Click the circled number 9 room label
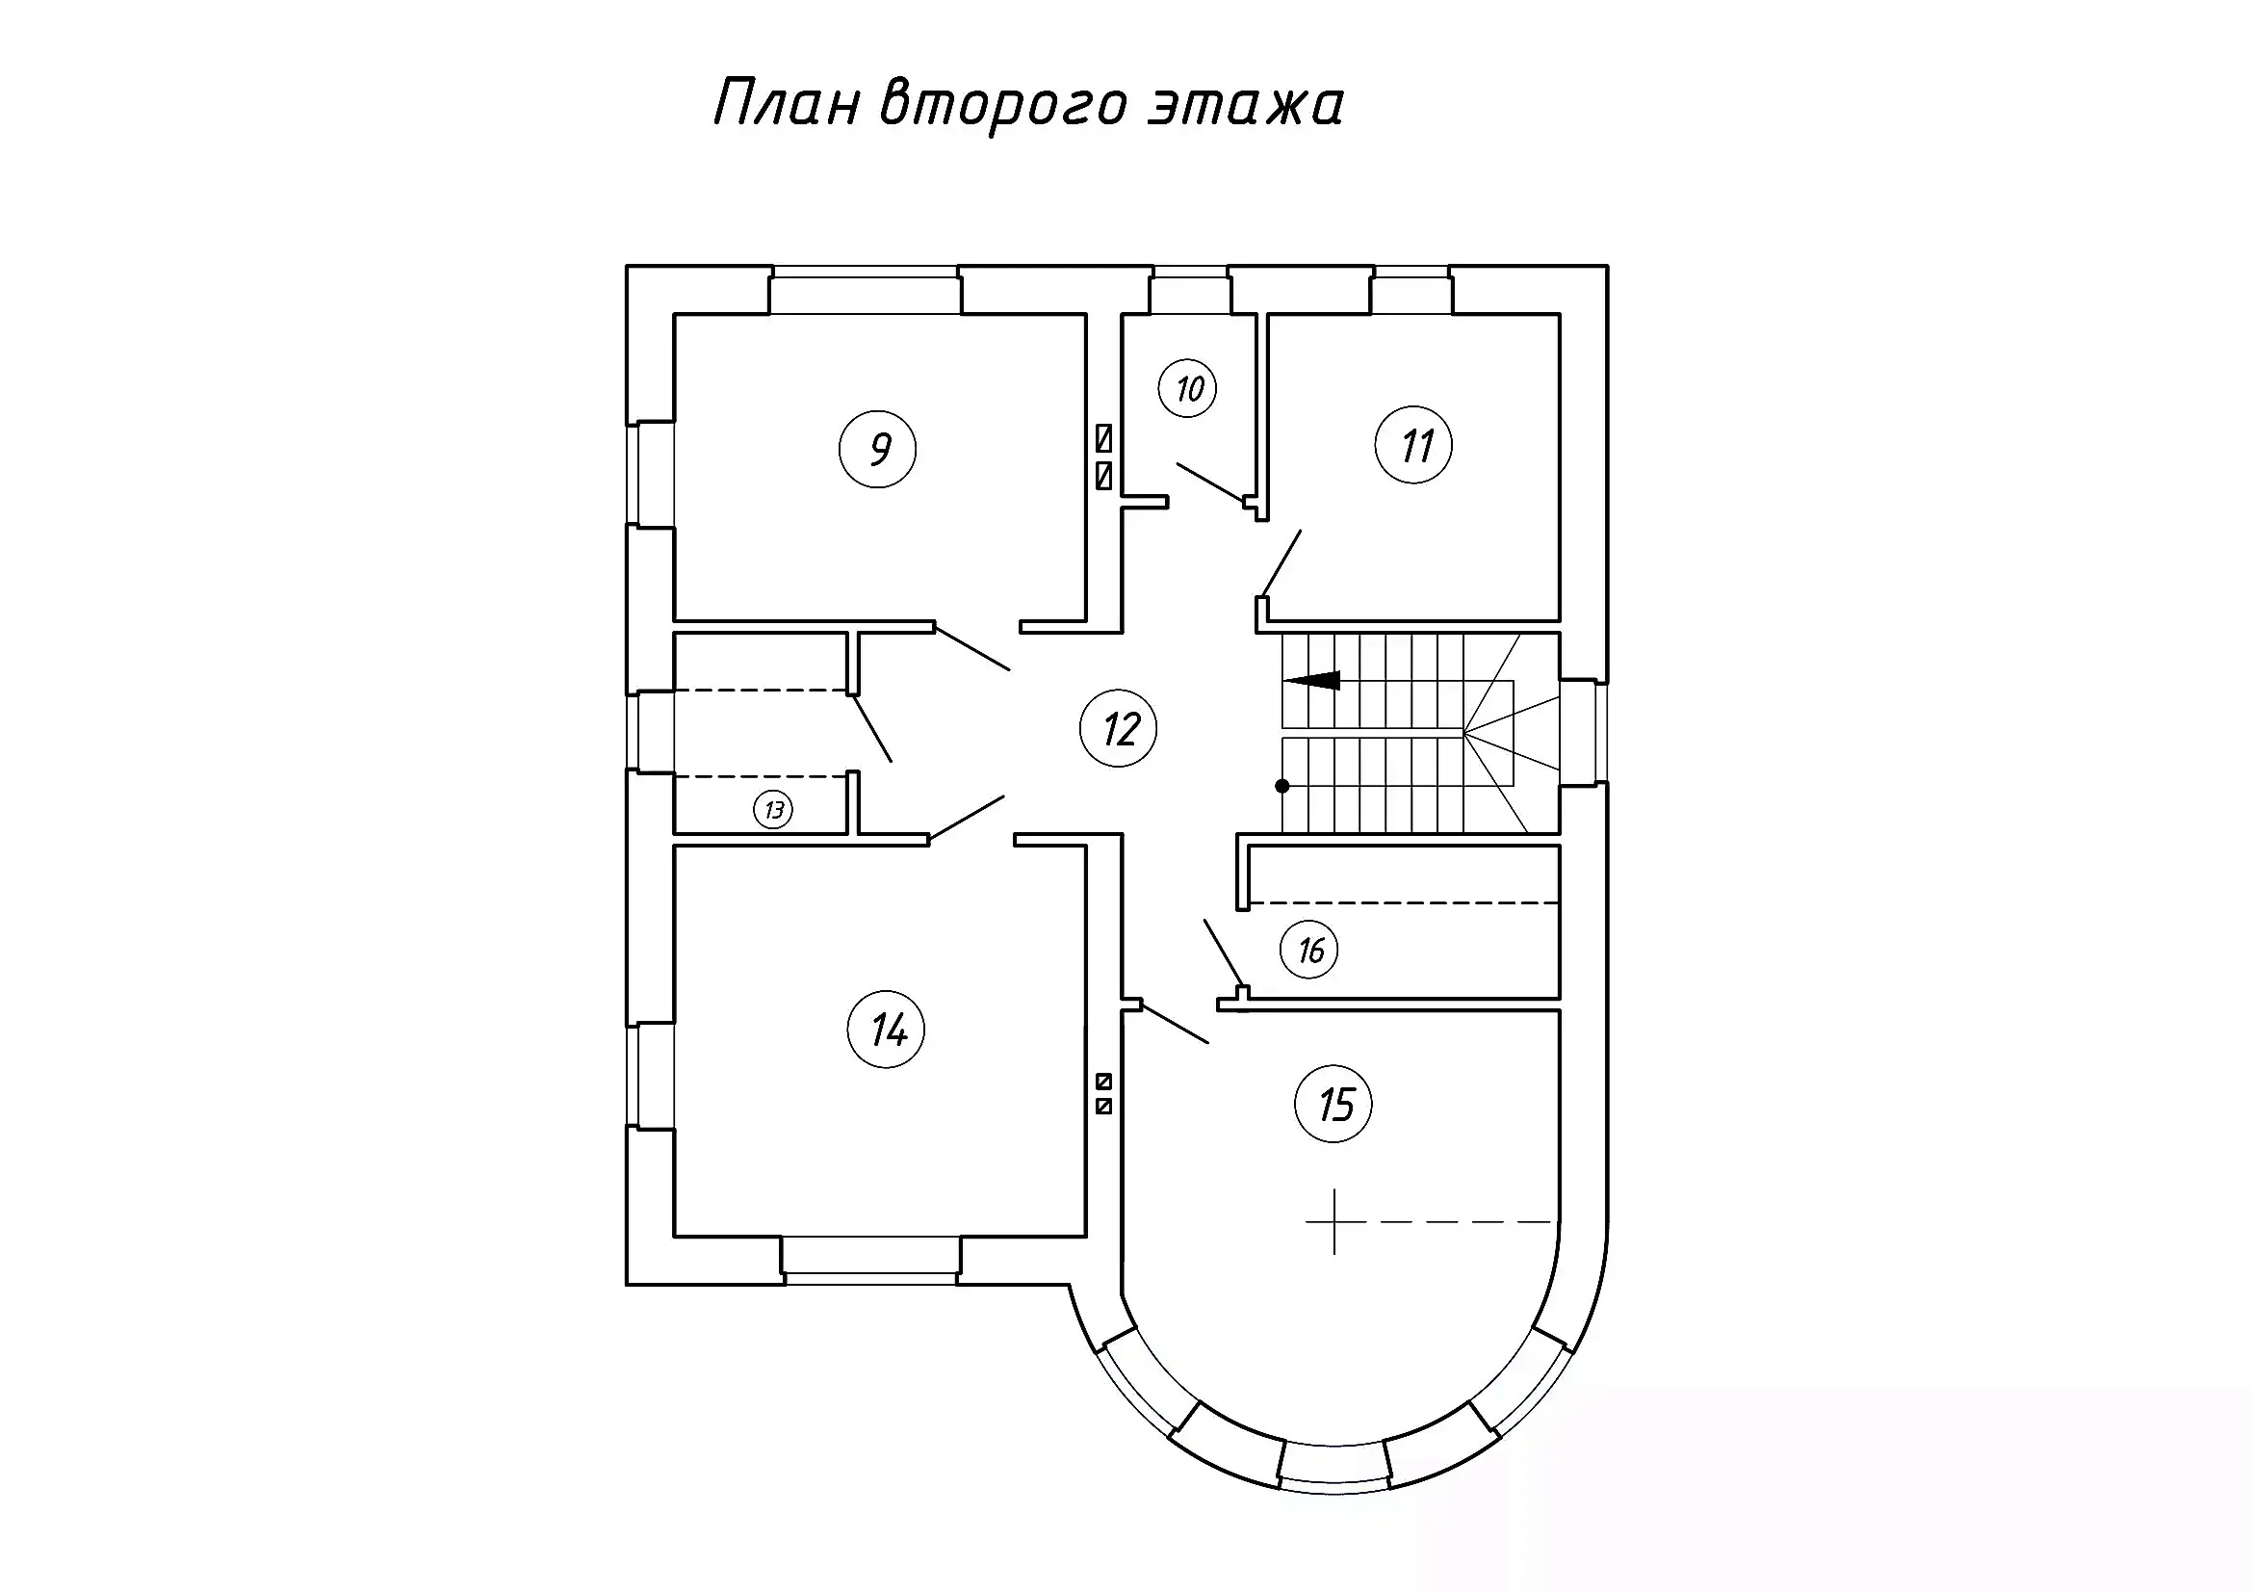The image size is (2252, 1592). (x=878, y=449)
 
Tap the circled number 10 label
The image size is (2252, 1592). (x=1188, y=389)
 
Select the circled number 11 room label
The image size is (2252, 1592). (x=1413, y=445)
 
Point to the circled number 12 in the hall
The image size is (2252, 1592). (x=1118, y=729)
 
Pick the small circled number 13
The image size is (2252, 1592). (x=773, y=810)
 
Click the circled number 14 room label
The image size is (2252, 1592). (x=886, y=1030)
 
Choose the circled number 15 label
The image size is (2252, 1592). (x=1333, y=1105)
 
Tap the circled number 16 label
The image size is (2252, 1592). (x=1309, y=950)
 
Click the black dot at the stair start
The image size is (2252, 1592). (x=1281, y=786)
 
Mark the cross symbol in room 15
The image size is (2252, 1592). (x=1333, y=1222)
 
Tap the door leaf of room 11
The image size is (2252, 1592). (x=1281, y=563)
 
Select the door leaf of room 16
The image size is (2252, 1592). (x=1224, y=953)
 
